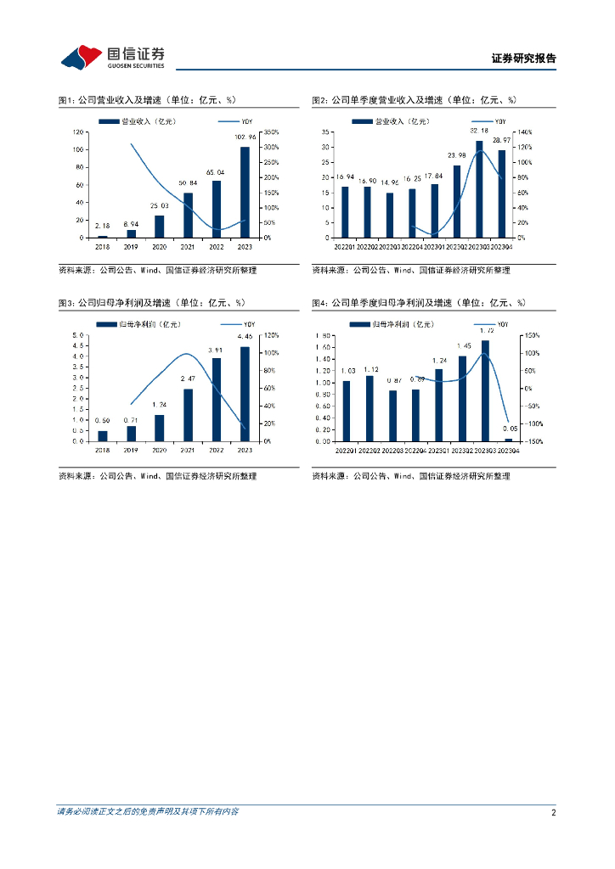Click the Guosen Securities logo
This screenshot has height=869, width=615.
coord(112,57)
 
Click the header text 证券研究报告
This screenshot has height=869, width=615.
coord(523,59)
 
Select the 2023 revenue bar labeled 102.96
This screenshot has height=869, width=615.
coord(245,192)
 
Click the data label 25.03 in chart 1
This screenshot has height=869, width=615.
coord(159,206)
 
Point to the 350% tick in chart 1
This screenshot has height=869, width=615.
coord(270,132)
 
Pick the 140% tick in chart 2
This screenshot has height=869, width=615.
coord(524,132)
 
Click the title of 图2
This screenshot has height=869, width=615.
coord(414,100)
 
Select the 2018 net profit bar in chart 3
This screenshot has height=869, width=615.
coord(103,435)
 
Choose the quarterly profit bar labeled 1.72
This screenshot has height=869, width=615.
coord(485,390)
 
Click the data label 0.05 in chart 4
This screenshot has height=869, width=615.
coord(508,431)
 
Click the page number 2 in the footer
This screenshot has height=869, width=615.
coord(553,812)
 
